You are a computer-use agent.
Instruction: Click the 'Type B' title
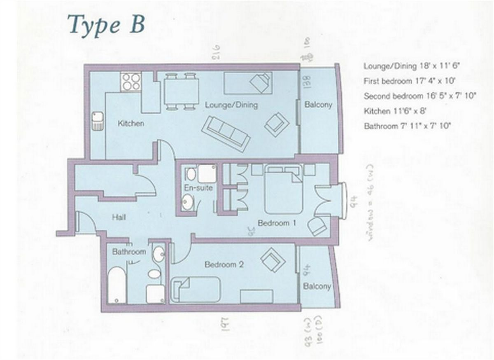(106, 24)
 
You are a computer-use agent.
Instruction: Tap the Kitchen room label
(131, 123)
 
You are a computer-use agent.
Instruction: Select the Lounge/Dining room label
(231, 105)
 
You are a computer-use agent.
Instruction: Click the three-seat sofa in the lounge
(226, 133)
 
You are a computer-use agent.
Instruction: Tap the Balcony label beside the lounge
(318, 105)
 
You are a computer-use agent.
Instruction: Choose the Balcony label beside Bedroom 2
(317, 286)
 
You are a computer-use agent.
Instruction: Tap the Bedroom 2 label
(224, 264)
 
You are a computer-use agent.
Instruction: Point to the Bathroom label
(129, 252)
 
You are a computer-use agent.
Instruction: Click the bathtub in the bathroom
(117, 285)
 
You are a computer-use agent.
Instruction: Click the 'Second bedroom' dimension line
(420, 96)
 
